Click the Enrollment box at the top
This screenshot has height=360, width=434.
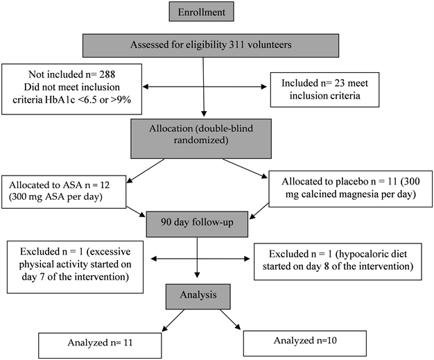coord(203,12)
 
